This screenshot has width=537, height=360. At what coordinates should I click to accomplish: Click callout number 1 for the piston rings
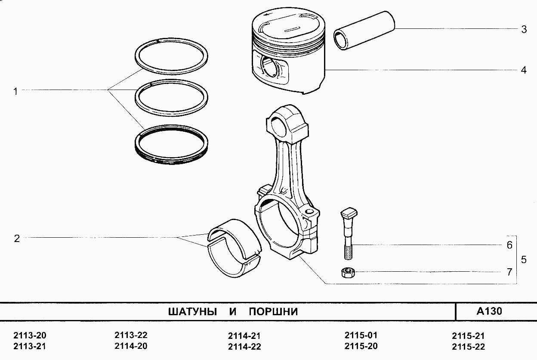(15, 91)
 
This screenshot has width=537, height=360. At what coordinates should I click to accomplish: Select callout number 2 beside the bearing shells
(17, 238)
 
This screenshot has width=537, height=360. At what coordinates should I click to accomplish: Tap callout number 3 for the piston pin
(524, 29)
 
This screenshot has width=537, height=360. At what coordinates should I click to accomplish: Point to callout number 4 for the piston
(524, 70)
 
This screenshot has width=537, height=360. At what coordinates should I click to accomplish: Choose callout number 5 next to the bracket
(524, 260)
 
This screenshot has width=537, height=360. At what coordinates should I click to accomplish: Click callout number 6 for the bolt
(509, 245)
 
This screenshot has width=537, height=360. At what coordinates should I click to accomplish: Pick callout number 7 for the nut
(509, 272)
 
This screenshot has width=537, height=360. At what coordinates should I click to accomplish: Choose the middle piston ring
(172, 97)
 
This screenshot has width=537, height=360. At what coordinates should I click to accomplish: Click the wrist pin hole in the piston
(270, 67)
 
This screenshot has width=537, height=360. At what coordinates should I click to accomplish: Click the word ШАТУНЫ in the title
(192, 311)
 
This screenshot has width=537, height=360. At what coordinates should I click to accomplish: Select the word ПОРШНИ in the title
(273, 311)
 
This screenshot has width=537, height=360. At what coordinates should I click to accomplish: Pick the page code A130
(489, 311)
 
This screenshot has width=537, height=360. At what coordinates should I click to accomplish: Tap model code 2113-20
(30, 335)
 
